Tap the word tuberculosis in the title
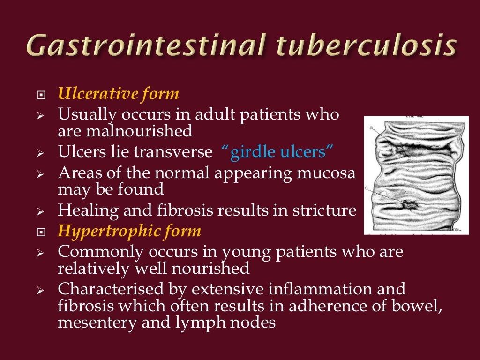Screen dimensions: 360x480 click(x=366, y=47)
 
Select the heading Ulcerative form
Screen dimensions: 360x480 click(x=119, y=94)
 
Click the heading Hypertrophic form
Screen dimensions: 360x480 click(x=129, y=231)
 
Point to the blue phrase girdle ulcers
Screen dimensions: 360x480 click(x=277, y=152)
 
